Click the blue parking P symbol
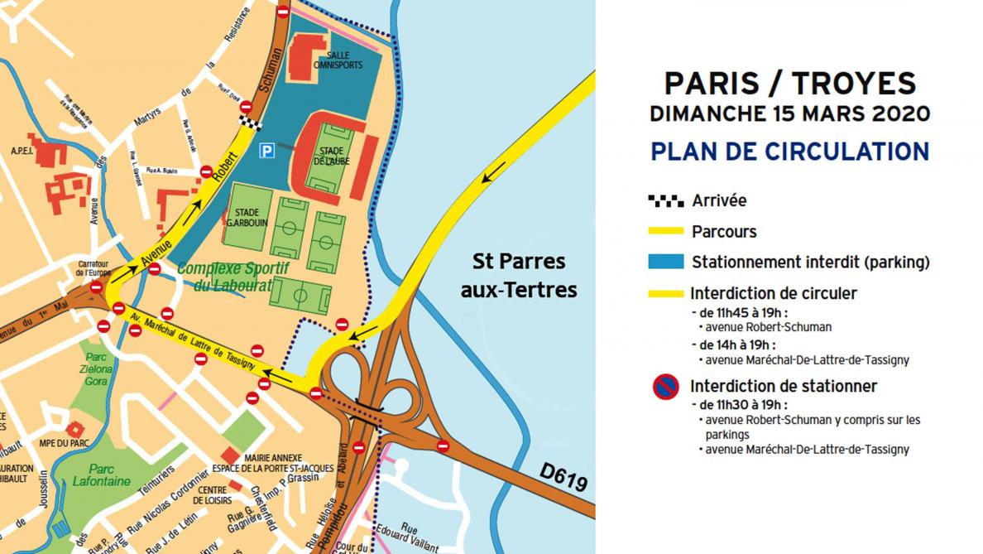266,150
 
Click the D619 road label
560,475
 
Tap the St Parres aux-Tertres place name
519,276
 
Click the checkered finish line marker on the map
249,123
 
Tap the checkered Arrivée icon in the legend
665,200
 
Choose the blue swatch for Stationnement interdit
665,262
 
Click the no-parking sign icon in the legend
666,387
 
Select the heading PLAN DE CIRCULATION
789,152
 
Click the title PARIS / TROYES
789,84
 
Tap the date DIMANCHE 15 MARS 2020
789,114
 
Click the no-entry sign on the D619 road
443,446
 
